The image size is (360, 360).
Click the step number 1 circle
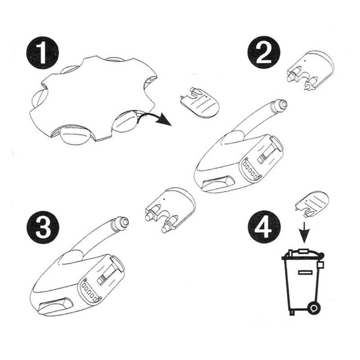(42, 53)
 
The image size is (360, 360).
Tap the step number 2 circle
(264, 52)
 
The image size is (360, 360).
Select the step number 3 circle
(43, 228)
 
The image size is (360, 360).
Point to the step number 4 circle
(264, 227)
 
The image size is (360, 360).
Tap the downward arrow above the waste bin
(304, 232)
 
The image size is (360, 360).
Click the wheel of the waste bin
(314, 308)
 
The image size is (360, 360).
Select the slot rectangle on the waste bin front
(305, 272)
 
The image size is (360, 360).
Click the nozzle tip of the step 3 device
(121, 223)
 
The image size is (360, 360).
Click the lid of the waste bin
(303, 255)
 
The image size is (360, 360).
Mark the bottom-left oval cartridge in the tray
(74, 135)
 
